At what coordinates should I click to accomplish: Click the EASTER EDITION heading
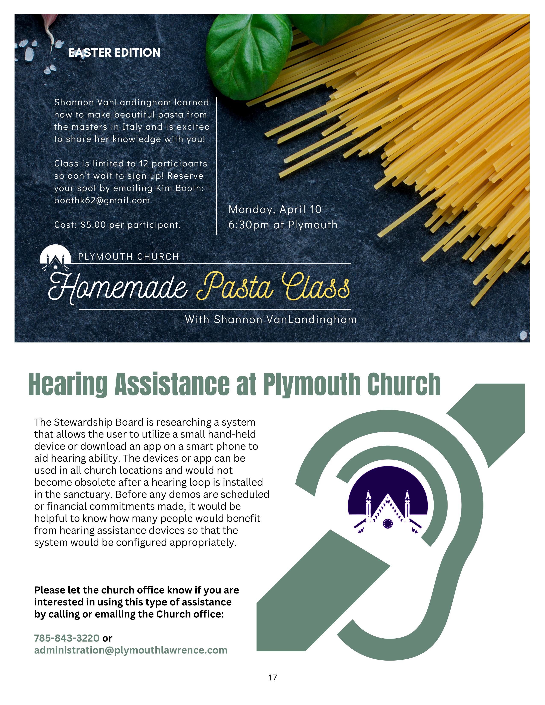[x=114, y=53]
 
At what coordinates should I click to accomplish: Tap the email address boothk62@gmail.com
[x=102, y=200]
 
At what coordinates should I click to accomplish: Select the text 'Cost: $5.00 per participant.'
[x=117, y=225]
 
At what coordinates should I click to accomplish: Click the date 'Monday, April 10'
[x=275, y=210]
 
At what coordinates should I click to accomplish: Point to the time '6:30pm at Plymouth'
[x=283, y=225]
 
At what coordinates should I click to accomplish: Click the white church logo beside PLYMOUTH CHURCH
[x=55, y=258]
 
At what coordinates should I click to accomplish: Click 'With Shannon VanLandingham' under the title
[x=271, y=320]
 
